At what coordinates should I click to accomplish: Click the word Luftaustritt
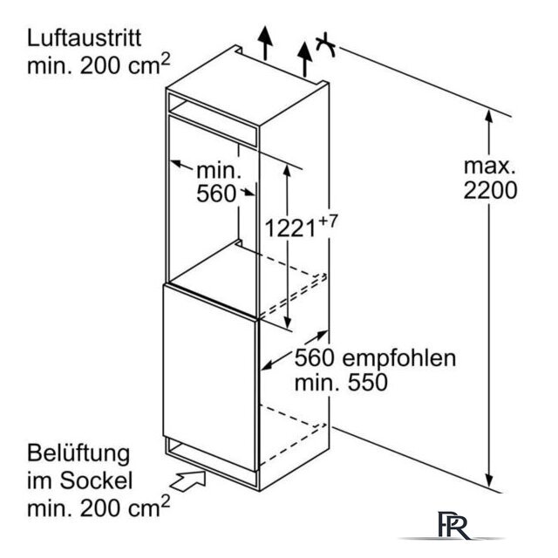pyautogui.click(x=85, y=38)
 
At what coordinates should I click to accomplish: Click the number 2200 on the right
pyautogui.click(x=490, y=190)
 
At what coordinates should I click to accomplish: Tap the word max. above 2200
pyautogui.click(x=490, y=167)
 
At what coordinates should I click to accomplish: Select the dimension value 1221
pyautogui.click(x=290, y=228)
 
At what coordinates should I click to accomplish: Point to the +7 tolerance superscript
pyautogui.click(x=328, y=221)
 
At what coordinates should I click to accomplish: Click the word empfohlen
pyautogui.click(x=399, y=358)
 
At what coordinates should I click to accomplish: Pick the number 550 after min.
pyautogui.click(x=368, y=383)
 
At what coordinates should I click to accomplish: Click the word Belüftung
pyautogui.click(x=78, y=453)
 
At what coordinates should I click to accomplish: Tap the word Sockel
pyautogui.click(x=96, y=480)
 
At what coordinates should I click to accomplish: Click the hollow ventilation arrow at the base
pyautogui.click(x=189, y=480)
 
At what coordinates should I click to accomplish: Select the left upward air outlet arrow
pyautogui.click(x=265, y=43)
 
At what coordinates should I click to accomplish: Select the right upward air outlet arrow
pyautogui.click(x=304, y=59)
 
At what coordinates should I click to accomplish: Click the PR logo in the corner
pyautogui.click(x=454, y=525)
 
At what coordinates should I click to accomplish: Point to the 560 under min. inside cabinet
pyautogui.click(x=216, y=194)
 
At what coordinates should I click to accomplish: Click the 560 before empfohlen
pyautogui.click(x=314, y=358)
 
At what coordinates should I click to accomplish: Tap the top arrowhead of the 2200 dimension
pyautogui.click(x=489, y=117)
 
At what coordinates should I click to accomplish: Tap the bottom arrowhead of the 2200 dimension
pyautogui.click(x=489, y=480)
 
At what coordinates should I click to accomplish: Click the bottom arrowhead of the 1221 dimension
pyautogui.click(x=287, y=323)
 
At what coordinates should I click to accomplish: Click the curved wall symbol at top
pyautogui.click(x=325, y=44)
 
